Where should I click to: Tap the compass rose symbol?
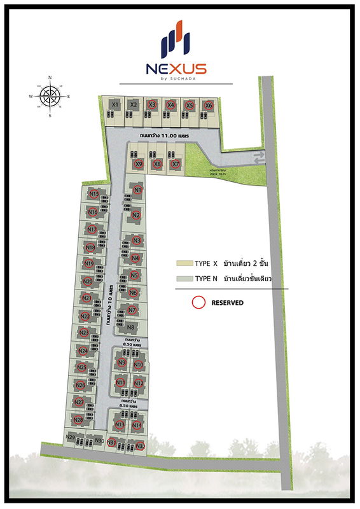[50, 97]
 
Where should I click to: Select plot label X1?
[115, 104]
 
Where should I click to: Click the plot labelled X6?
[208, 104]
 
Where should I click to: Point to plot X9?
[139, 164]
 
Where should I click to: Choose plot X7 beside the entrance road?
[176, 164]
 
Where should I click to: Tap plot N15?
[93, 193]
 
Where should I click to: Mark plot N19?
[88, 264]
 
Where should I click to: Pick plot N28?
[79, 419]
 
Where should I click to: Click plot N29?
[71, 437]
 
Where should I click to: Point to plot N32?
[141, 445]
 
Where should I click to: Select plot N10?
[139, 365]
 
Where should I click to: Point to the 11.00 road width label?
[164, 136]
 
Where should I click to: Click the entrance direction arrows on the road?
[258, 158]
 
